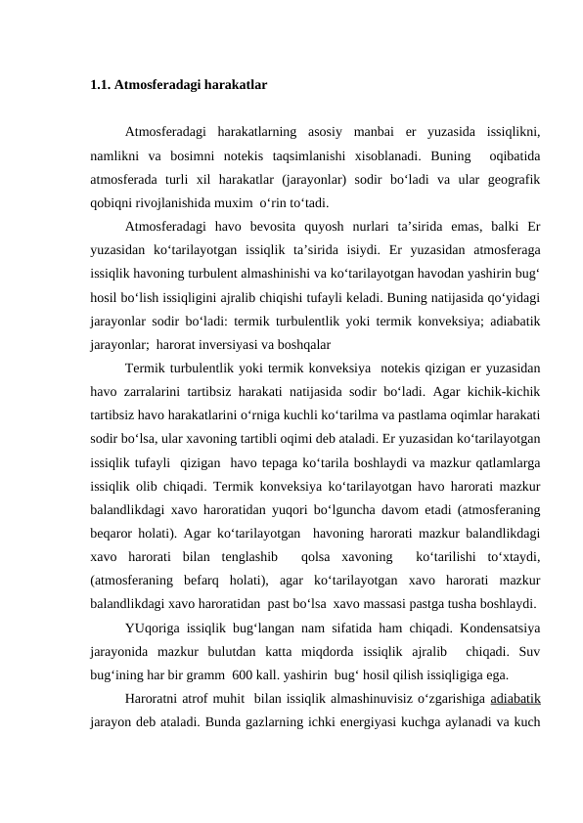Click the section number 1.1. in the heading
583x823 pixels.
99,85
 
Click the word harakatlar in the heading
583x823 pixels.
235,85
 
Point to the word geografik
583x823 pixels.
513,180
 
